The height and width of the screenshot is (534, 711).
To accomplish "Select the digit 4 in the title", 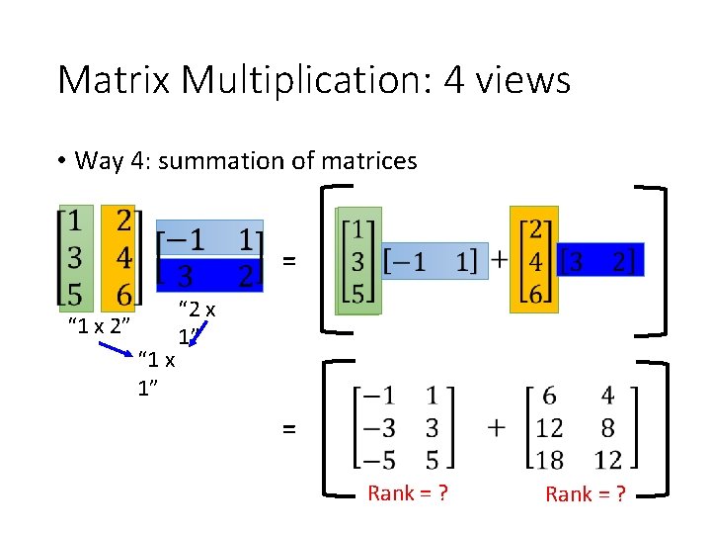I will pyautogui.click(x=454, y=80).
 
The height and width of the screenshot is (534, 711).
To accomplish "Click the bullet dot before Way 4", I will pyautogui.click(x=61, y=161).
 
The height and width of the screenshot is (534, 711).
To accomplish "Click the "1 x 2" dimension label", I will pyautogui.click(x=100, y=324).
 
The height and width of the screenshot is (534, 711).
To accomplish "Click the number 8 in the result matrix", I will pyautogui.click(x=607, y=426).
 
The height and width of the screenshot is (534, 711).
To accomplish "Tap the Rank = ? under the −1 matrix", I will pyautogui.click(x=408, y=492).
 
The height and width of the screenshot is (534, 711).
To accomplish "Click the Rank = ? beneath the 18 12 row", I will pyautogui.click(x=586, y=493).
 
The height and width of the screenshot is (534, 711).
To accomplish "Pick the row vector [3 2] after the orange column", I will pyautogui.click(x=601, y=260).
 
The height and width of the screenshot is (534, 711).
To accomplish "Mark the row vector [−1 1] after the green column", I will pyautogui.click(x=434, y=261).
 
